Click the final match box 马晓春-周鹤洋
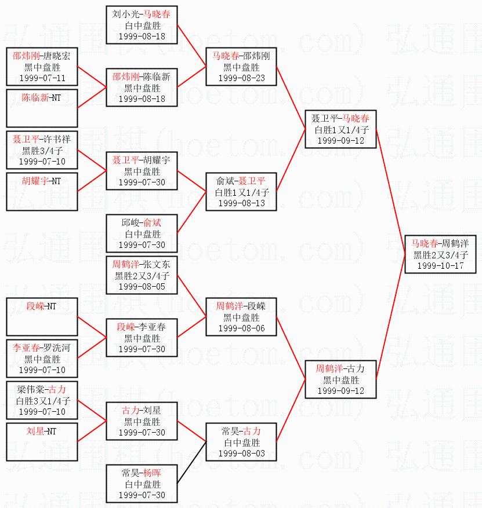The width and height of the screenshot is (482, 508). (440, 254)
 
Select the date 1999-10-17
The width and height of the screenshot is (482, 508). (440, 265)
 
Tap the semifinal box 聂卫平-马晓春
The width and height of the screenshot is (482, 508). (341, 129)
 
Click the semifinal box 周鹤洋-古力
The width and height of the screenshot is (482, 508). (341, 379)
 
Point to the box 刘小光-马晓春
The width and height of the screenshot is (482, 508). (142, 24)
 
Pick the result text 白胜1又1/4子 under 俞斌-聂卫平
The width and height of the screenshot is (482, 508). (241, 192)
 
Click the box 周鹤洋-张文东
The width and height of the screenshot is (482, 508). (142, 275)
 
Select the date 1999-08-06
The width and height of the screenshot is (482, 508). (241, 328)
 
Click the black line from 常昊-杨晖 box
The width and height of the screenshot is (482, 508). (191, 462)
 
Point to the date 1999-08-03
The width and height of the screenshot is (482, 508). (241, 453)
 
